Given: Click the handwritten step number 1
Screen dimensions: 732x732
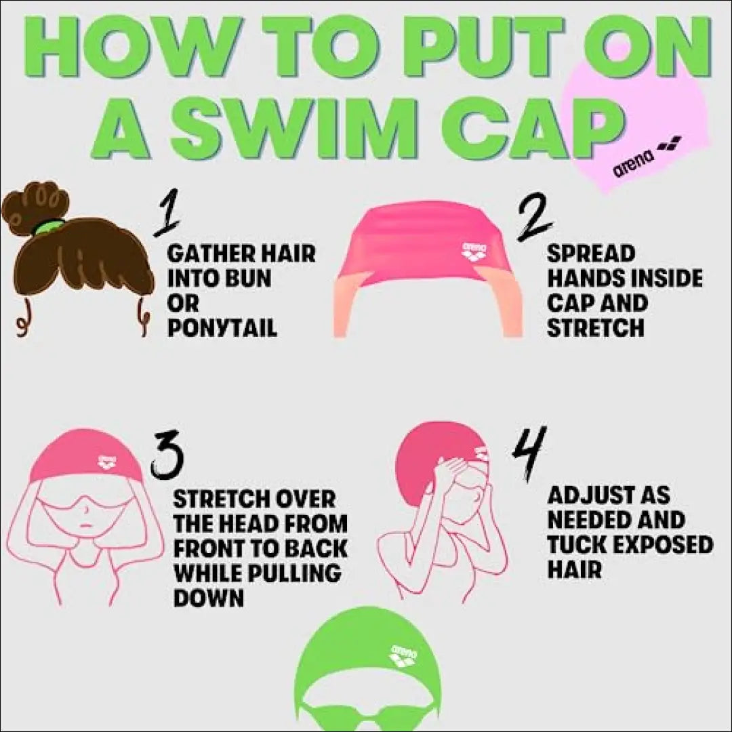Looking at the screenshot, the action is [x=167, y=212].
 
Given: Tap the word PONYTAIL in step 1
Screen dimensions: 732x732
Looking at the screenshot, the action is [x=222, y=327].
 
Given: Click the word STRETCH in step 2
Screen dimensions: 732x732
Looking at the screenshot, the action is [x=595, y=327].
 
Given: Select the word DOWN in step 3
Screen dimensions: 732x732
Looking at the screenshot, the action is [x=209, y=598].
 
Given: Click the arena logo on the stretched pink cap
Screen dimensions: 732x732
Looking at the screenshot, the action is [x=474, y=251].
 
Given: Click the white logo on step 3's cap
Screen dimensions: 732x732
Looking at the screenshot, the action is [x=106, y=462].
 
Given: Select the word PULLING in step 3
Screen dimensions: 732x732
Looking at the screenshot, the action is [x=293, y=573].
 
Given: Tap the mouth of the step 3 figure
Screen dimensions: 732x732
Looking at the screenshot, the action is [x=85, y=524].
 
